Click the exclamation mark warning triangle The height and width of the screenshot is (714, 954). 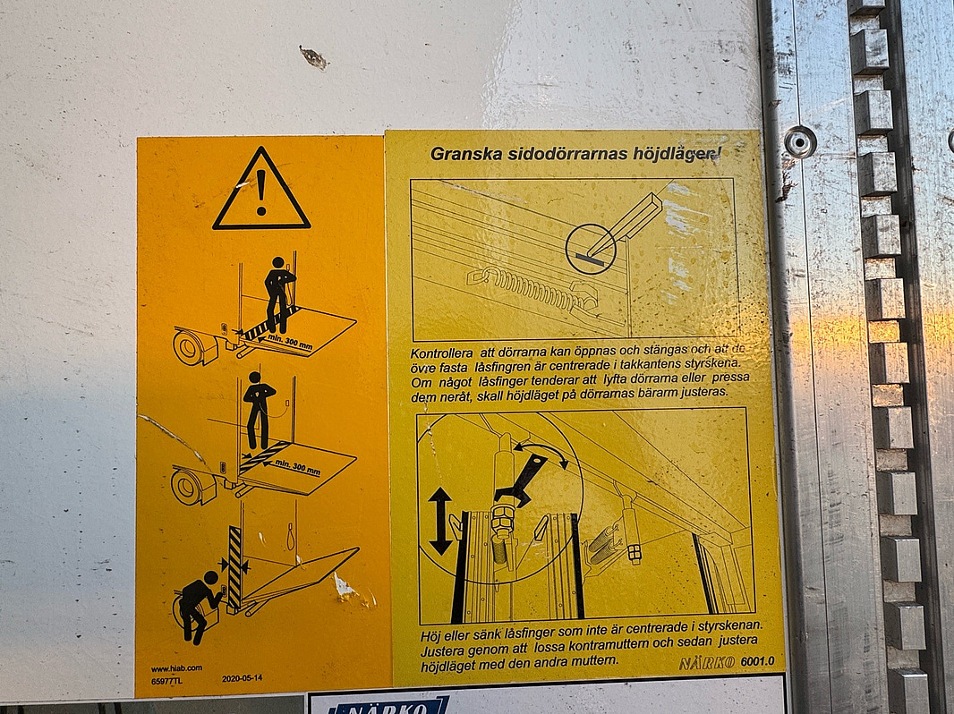point(261,191)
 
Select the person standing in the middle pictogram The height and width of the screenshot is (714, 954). point(259,410)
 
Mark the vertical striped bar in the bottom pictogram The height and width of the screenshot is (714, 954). point(234,567)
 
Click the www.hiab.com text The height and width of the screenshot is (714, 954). point(176,667)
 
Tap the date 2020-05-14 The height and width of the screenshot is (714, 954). point(243,678)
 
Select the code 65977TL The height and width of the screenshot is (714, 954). point(167,679)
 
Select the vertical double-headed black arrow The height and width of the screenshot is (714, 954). point(440,522)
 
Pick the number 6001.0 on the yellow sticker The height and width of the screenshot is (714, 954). point(756,662)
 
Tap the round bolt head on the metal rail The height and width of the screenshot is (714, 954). point(799,141)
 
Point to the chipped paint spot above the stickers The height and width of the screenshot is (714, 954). point(314,58)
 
